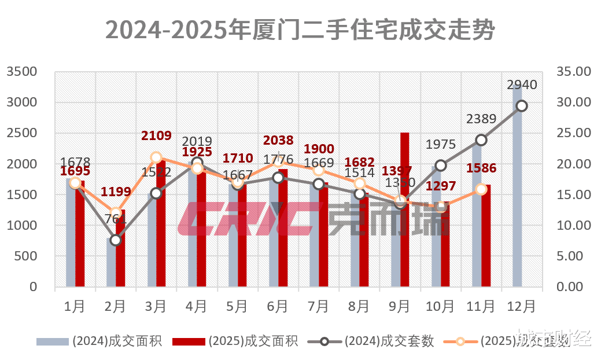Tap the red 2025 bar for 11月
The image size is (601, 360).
coord(486,237)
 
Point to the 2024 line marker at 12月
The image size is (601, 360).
coord(522,105)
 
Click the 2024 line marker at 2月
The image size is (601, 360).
coord(116,240)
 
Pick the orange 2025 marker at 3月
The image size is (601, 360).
coord(156,157)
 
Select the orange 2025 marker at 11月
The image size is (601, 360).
coord(481,189)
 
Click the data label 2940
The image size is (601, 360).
coord(522,85)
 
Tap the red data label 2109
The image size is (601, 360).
coord(157,136)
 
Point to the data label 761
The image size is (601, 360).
coord(116,219)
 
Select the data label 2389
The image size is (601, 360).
coord(481,119)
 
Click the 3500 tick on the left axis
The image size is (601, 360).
coord(21,72)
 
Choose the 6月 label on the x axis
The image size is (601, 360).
coord(278,305)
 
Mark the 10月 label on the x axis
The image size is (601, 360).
coord(440,305)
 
